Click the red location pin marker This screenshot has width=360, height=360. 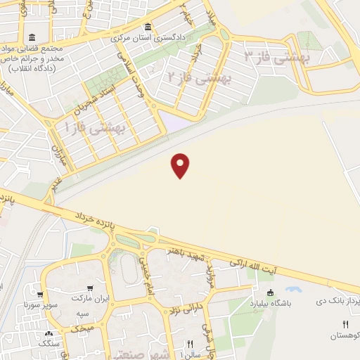pyautogui.click(x=181, y=165)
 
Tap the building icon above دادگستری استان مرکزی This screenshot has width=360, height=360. pyautogui.click(x=160, y=26)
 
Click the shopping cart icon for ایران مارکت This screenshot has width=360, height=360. pyautogui.click(x=89, y=288)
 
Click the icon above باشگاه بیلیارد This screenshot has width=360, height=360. pyautogui.click(x=271, y=292)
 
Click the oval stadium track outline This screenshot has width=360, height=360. pyautogui.click(x=127, y=269)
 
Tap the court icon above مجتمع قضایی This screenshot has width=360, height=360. pyautogui.click(x=32, y=37)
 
